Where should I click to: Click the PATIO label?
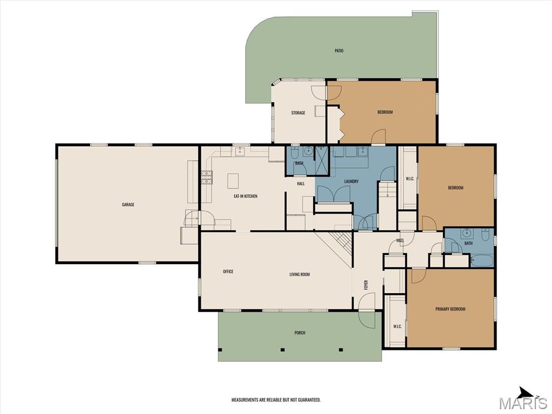(339, 51)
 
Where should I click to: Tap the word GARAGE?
(128, 205)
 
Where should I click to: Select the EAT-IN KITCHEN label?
(245, 196)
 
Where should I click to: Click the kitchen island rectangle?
(233, 180)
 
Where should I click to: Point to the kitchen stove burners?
(207, 177)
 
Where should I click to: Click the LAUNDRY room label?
(351, 182)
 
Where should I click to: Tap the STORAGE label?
(298, 113)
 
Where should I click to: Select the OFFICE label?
(228, 272)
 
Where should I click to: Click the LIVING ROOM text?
(300, 275)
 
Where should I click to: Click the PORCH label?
(300, 333)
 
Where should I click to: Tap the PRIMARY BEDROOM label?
(450, 309)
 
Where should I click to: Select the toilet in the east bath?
(486, 235)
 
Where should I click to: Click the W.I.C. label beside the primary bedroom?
(397, 327)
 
